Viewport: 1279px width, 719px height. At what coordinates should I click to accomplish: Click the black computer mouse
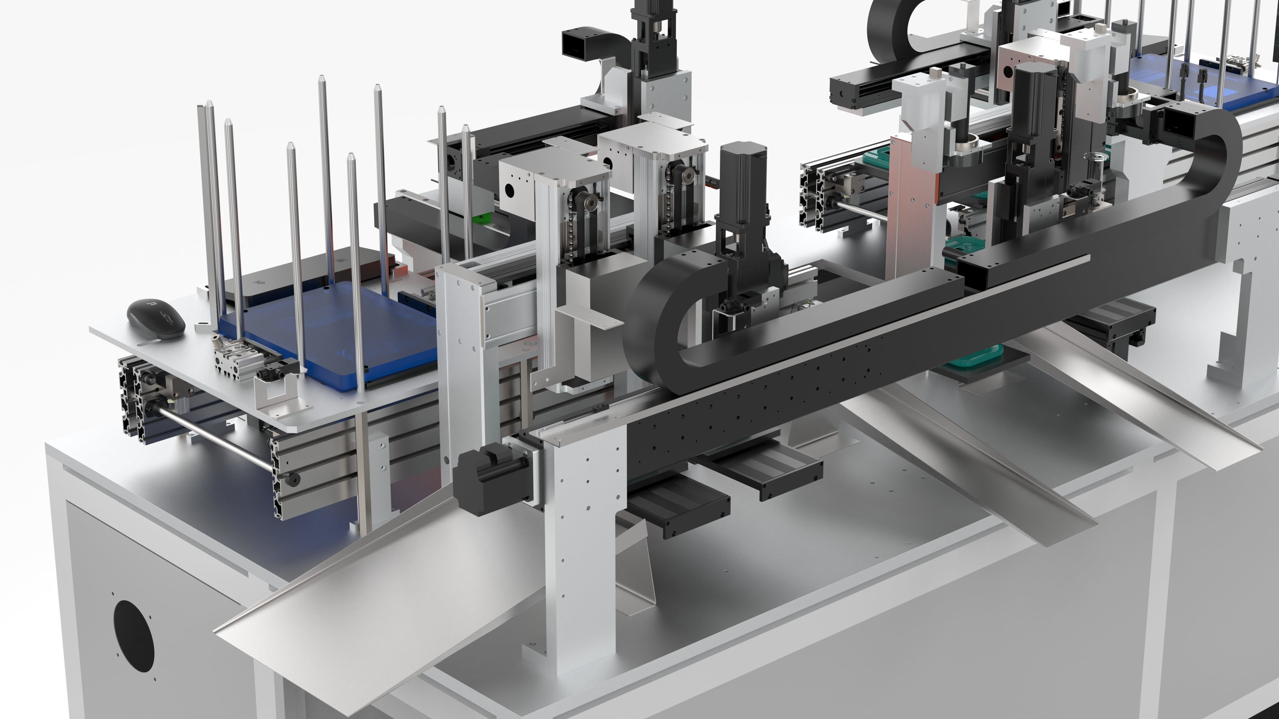[x=156, y=319]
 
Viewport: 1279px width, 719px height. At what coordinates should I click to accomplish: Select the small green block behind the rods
[x=481, y=219]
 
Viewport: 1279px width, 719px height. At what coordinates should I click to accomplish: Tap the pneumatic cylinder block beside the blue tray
[x=232, y=358]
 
